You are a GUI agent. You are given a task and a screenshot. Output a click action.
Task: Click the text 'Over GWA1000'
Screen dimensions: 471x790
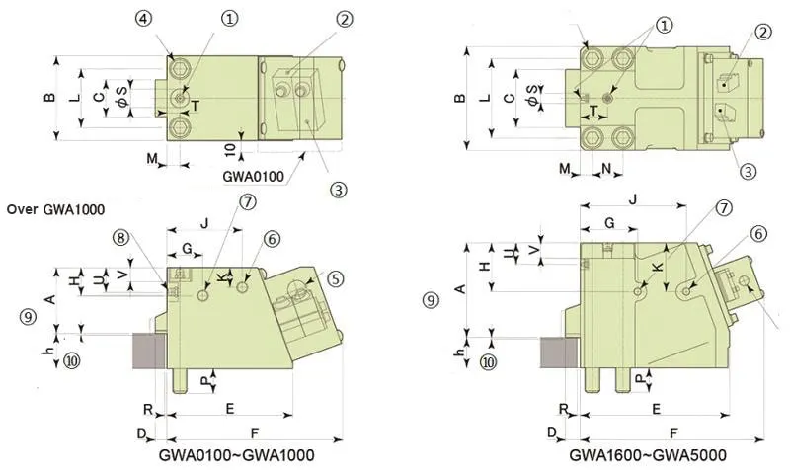[55, 209]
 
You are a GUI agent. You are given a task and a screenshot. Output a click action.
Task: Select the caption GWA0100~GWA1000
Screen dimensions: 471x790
[237, 456]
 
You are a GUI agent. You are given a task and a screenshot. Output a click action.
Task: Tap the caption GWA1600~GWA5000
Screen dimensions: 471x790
[648, 456]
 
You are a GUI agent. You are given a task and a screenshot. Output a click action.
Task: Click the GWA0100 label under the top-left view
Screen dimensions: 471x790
[253, 176]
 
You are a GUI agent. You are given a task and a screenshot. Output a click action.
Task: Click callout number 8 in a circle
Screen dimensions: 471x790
[119, 237]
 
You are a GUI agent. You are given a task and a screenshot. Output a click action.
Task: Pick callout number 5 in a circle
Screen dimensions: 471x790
[336, 279]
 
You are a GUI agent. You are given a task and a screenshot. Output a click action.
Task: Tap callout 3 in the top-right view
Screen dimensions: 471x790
[748, 171]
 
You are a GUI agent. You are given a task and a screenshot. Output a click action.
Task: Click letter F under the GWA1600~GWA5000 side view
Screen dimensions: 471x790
[674, 432]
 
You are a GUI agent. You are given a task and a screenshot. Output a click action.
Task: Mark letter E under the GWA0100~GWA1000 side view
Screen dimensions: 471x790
[229, 408]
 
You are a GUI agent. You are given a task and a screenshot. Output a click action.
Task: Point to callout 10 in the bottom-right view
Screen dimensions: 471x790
[488, 362]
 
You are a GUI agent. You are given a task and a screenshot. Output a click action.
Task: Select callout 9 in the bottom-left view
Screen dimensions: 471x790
[28, 316]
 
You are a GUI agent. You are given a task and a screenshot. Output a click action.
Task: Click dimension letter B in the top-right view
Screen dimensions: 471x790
[458, 99]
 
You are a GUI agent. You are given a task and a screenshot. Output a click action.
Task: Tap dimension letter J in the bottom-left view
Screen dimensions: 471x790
[204, 224]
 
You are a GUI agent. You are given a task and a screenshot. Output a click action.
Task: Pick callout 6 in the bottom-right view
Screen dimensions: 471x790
[758, 234]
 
